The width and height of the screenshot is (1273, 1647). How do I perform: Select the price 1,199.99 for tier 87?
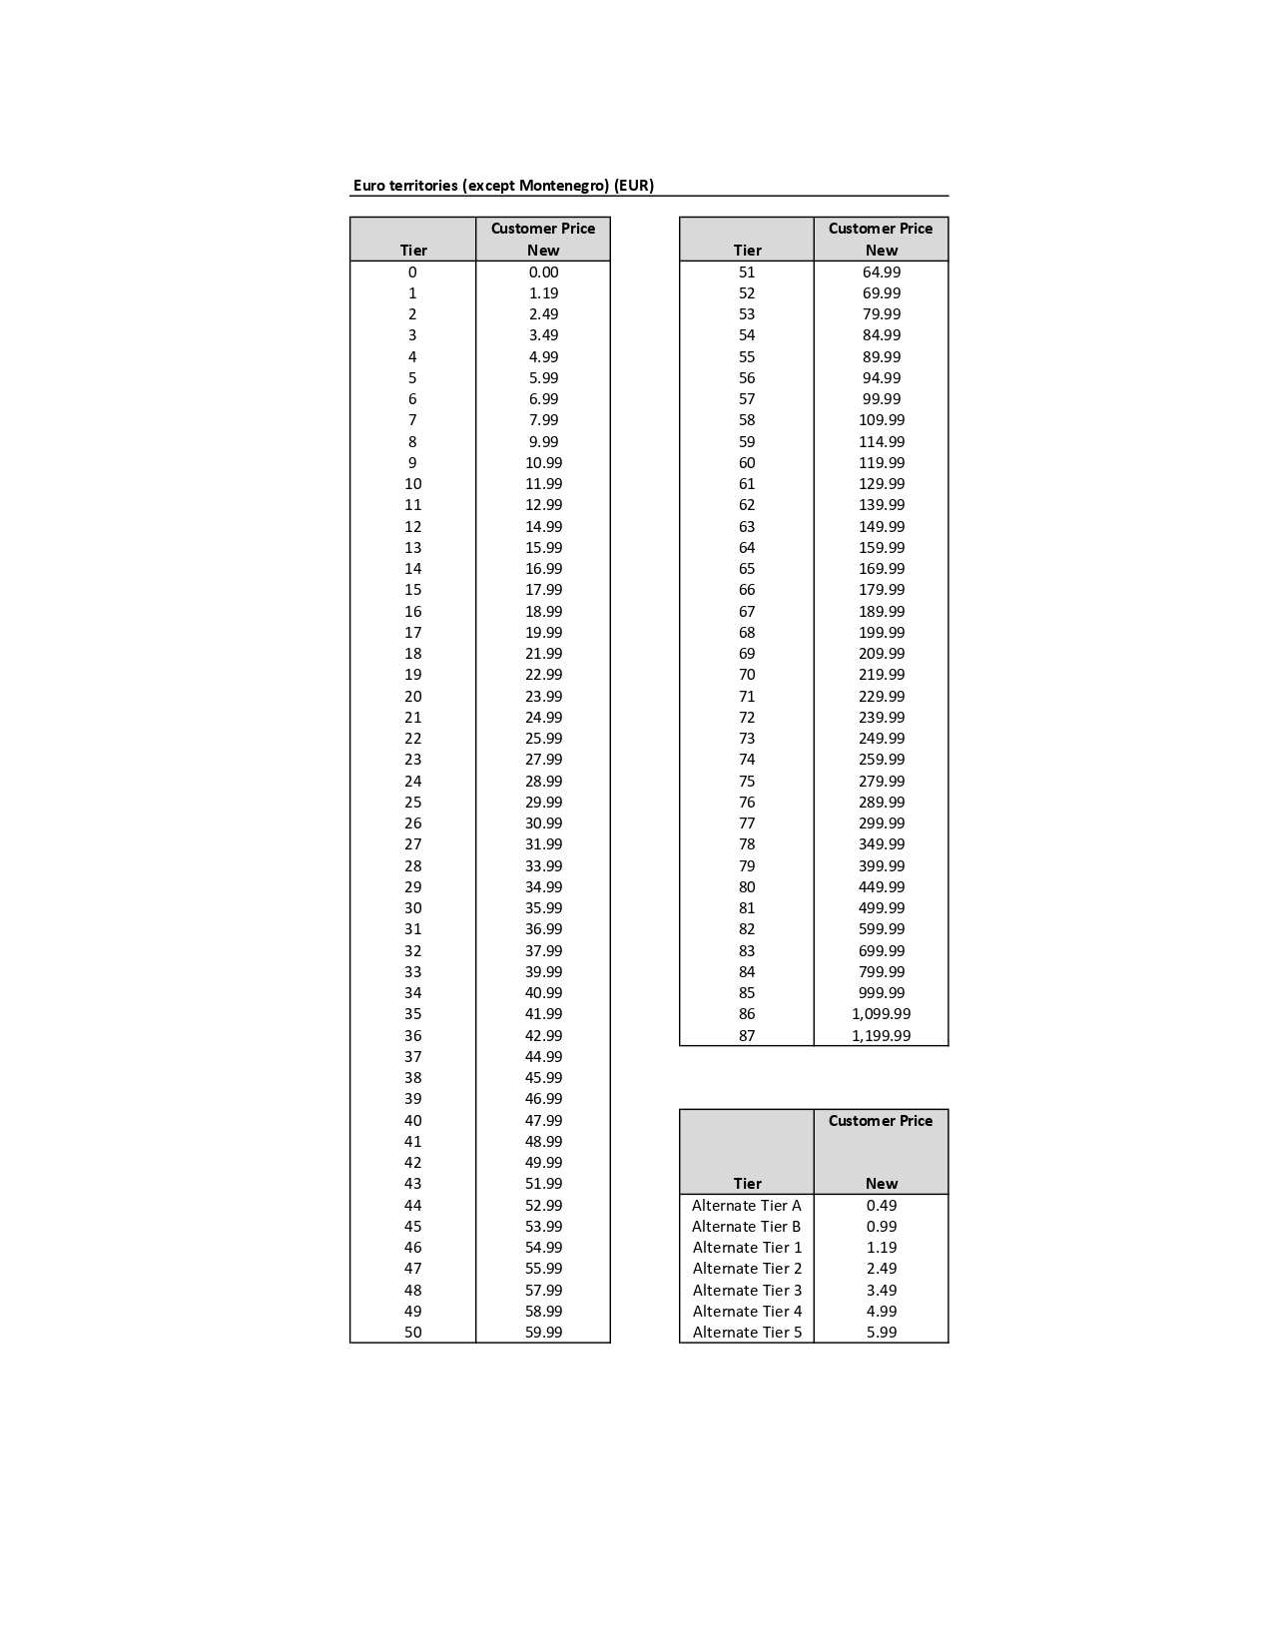881,1036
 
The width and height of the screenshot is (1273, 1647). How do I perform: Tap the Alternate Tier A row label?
747,1206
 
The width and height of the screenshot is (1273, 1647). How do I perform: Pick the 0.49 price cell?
882,1206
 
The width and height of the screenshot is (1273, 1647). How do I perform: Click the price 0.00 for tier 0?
543,273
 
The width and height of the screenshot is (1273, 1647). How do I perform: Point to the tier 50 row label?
413,1333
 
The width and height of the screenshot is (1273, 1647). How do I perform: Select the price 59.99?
543,1333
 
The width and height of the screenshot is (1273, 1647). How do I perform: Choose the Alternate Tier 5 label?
747,1333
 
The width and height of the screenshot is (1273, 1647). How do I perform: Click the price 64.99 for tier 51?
882,273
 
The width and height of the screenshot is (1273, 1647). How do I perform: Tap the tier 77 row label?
747,823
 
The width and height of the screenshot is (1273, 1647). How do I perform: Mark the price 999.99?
882,993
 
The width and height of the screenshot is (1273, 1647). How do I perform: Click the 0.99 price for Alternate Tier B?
882,1227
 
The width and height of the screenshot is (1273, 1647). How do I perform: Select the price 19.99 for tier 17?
543,633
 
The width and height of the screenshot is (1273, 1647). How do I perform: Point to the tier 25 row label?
413,803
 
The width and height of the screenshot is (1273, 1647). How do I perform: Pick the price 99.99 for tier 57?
882,399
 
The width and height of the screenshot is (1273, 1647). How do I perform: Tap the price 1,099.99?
881,1014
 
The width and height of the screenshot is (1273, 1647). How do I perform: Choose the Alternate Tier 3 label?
747,1291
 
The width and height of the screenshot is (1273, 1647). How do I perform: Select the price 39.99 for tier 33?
543,972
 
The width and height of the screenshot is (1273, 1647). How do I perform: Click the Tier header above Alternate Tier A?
747,1184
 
